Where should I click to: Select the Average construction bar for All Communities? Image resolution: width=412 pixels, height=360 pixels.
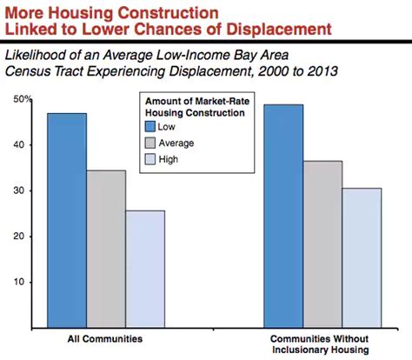coord(106,249)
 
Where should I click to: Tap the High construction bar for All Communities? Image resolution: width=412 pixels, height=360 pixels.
coord(144,269)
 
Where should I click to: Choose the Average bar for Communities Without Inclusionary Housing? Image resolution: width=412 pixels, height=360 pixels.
coord(322,244)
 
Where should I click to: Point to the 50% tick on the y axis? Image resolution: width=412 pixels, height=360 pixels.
coord(23,101)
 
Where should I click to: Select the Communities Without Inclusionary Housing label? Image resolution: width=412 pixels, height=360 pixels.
coord(322,341)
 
